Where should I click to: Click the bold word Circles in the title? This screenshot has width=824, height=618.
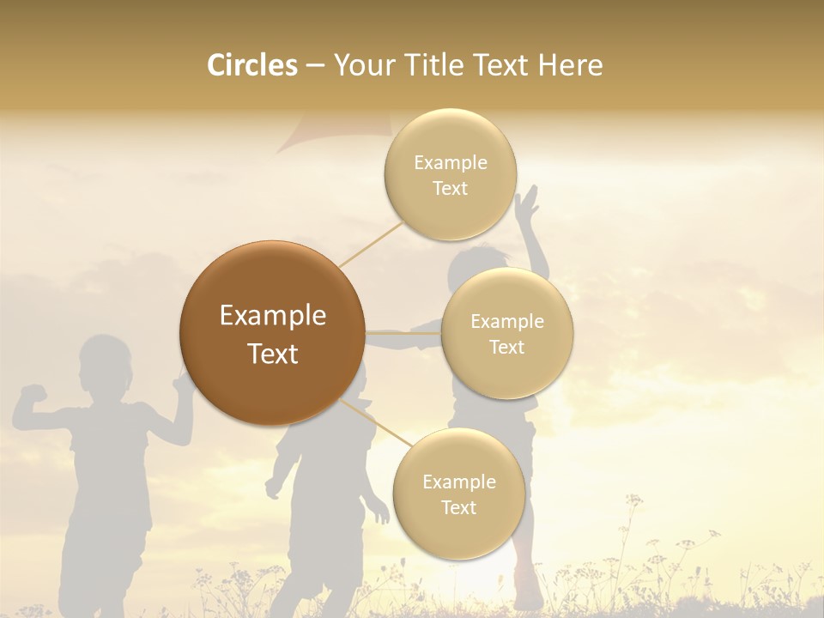point(251,65)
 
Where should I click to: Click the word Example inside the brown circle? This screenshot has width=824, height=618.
point(272,316)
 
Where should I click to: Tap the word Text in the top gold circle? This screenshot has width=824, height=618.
point(450,189)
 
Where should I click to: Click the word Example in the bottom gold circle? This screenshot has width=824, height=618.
point(458,482)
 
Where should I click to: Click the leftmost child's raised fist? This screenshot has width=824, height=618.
point(33,395)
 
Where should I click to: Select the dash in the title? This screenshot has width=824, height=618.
point(315,66)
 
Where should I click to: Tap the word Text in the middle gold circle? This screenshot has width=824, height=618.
point(506,347)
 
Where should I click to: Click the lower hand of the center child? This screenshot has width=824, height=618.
point(273,488)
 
